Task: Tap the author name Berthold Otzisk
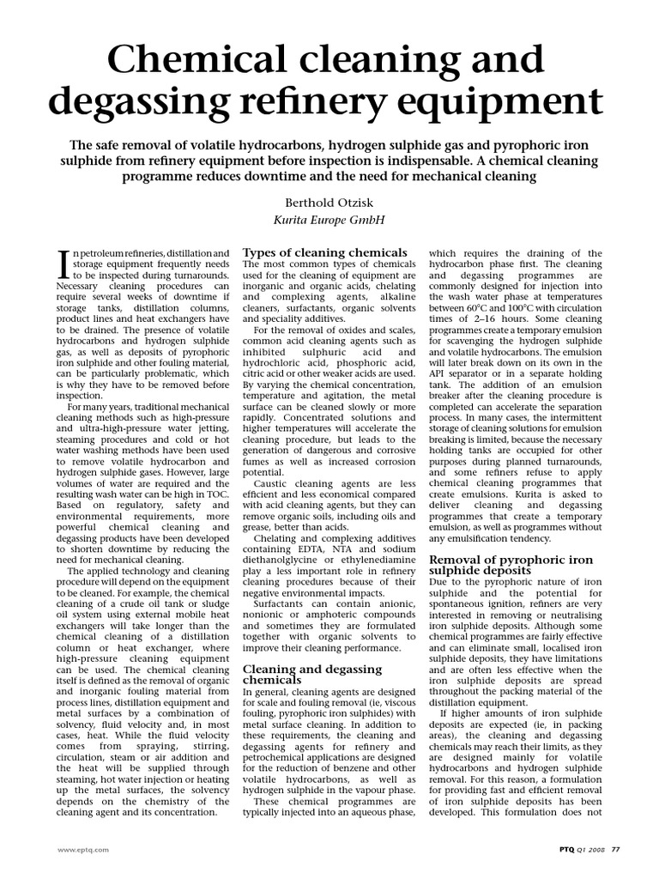pyautogui.click(x=328, y=203)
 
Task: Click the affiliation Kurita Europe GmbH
pyautogui.click(x=328, y=221)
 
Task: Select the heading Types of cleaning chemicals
pyautogui.click(x=325, y=252)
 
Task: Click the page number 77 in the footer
pyautogui.click(x=616, y=848)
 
